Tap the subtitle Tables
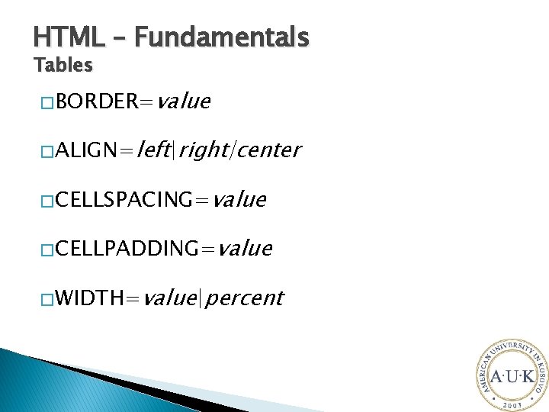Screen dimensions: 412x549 tap(63, 66)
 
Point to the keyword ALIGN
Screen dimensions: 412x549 tap(84, 150)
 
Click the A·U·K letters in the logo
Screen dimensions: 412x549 tap(512, 377)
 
